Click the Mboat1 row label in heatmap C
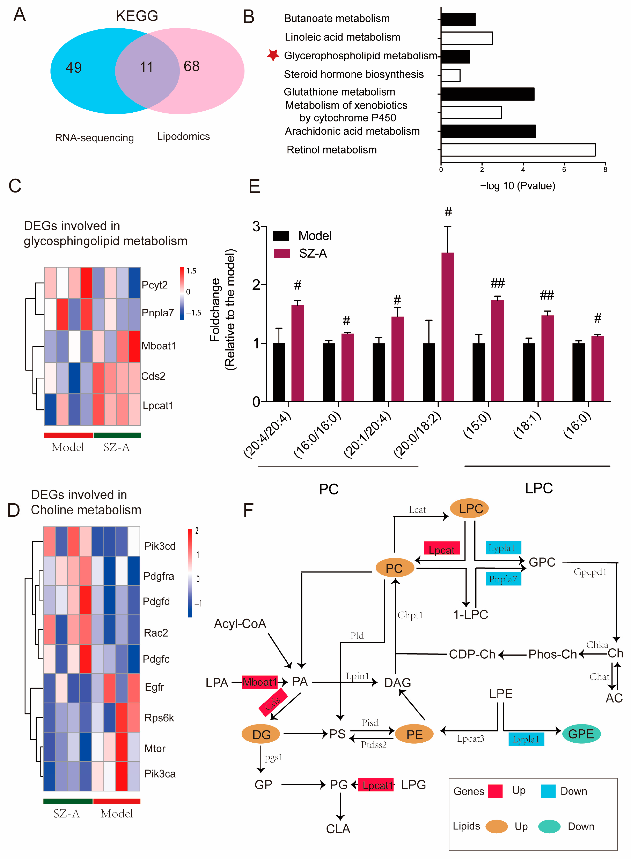click(x=159, y=346)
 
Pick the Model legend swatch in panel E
click(x=281, y=236)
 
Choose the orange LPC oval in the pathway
click(x=469, y=509)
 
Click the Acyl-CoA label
click(x=240, y=624)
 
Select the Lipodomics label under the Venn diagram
click(x=183, y=137)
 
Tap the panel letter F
click(x=248, y=510)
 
